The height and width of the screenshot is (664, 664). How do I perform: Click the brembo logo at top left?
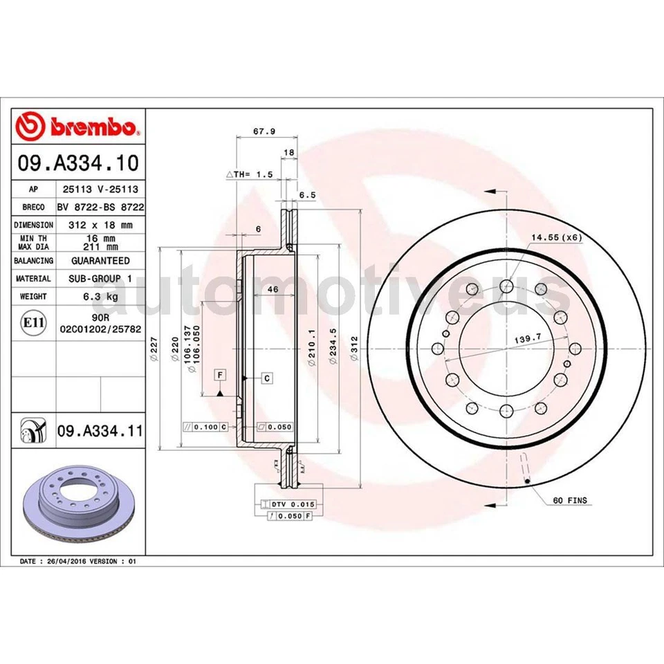click(78, 127)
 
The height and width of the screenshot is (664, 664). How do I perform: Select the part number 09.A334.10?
click(78, 163)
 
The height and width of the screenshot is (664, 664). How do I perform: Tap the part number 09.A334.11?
click(99, 432)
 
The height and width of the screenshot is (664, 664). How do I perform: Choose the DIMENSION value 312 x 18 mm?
click(100, 225)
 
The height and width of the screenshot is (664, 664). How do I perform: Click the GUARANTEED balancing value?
click(100, 261)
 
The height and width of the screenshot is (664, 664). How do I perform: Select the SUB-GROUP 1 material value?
click(100, 279)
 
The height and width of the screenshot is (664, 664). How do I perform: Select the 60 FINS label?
click(570, 499)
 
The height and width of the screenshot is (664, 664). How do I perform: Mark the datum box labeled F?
click(220, 375)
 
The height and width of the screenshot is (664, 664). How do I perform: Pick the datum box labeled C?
click(267, 378)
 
